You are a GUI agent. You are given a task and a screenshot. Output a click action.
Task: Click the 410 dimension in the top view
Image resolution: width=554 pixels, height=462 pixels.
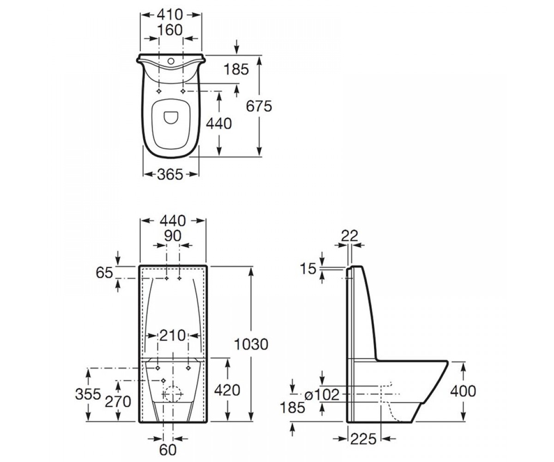coord(170,15)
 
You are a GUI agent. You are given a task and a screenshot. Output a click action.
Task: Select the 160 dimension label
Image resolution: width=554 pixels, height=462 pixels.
coord(170,30)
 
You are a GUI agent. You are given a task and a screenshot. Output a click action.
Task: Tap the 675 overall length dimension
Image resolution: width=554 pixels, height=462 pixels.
coord(259,106)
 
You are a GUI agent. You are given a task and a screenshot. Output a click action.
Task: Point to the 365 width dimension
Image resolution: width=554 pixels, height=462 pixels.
coord(170,175)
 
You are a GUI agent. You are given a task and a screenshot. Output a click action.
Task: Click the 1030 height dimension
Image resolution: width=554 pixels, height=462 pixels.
coord(251,344)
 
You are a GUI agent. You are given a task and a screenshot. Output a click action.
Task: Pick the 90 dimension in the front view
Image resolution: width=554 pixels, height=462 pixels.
coord(173,236)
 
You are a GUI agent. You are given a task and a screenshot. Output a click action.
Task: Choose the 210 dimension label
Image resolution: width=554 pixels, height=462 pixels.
coord(173,335)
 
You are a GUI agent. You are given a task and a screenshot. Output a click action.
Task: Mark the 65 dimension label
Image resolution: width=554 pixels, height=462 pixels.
coord(104,273)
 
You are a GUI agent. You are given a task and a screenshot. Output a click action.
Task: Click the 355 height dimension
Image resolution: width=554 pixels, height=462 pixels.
coord(88,394)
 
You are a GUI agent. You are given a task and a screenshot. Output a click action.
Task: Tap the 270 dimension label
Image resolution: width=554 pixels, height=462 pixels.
coord(118,402)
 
